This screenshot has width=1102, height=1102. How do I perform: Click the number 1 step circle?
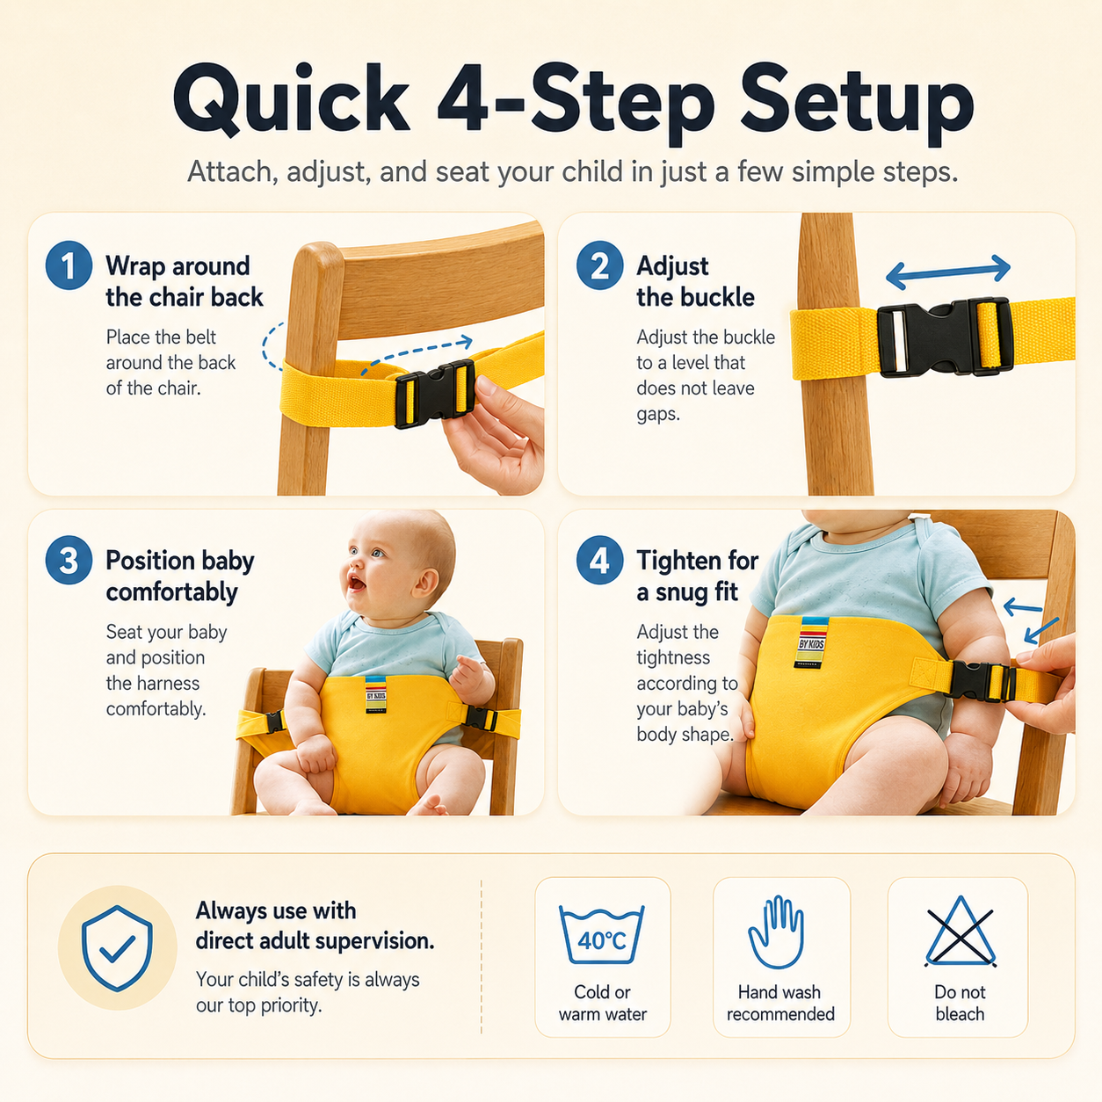click(x=69, y=265)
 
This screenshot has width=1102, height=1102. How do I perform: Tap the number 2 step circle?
click(x=599, y=265)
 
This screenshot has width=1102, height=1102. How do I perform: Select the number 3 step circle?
click(x=69, y=560)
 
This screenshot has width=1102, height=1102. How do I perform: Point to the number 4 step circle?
click(x=599, y=560)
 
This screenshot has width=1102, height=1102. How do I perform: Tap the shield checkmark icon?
click(x=117, y=947)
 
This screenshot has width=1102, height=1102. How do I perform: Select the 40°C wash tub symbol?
click(x=602, y=934)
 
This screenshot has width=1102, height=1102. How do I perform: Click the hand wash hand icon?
click(x=777, y=932)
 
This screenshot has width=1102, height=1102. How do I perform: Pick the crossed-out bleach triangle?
click(x=961, y=932)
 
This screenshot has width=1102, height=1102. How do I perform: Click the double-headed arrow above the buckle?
click(x=948, y=272)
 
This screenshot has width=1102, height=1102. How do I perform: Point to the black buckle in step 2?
click(x=945, y=338)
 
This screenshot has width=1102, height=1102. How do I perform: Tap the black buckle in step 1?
click(x=435, y=394)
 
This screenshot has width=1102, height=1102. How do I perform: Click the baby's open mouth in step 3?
click(x=355, y=583)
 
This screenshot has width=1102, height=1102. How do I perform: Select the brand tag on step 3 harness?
click(x=375, y=694)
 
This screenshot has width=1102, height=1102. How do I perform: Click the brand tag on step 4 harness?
click(x=812, y=642)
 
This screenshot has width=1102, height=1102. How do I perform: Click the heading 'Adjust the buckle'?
click(x=695, y=281)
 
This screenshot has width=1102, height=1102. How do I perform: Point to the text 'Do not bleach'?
click(x=960, y=1003)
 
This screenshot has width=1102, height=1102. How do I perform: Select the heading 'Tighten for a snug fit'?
click(x=698, y=576)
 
